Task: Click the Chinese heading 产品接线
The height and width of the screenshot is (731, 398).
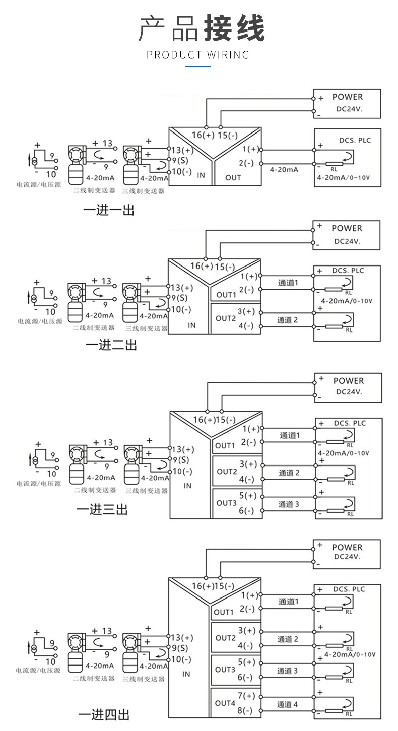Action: pyautogui.click(x=202, y=29)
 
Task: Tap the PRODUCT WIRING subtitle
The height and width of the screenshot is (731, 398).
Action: pyautogui.click(x=198, y=55)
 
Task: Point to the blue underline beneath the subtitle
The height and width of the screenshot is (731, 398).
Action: pyautogui.click(x=198, y=66)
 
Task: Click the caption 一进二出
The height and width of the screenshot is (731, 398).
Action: pyautogui.click(x=111, y=345)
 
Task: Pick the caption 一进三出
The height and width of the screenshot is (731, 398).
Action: pyautogui.click(x=102, y=509)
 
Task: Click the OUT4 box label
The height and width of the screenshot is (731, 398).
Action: pyautogui.click(x=225, y=703)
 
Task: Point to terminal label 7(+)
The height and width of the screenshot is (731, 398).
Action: pyautogui.click(x=246, y=696)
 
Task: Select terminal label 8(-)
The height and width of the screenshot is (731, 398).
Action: pyautogui.click(x=246, y=711)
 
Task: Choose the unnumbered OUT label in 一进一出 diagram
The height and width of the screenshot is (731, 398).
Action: pyautogui.click(x=233, y=177)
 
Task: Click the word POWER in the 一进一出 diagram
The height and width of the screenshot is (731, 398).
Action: pyautogui.click(x=347, y=97)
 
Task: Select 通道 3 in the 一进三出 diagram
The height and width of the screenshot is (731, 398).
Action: pyautogui.click(x=289, y=504)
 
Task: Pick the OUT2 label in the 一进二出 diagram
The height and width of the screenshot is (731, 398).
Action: pyautogui.click(x=226, y=318)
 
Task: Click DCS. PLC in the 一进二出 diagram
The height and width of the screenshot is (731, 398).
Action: pyautogui.click(x=348, y=271)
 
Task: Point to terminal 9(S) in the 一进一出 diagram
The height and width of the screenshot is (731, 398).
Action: pyautogui.click(x=180, y=161)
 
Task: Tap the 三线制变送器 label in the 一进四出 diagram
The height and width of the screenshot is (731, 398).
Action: pyautogui.click(x=144, y=679)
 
